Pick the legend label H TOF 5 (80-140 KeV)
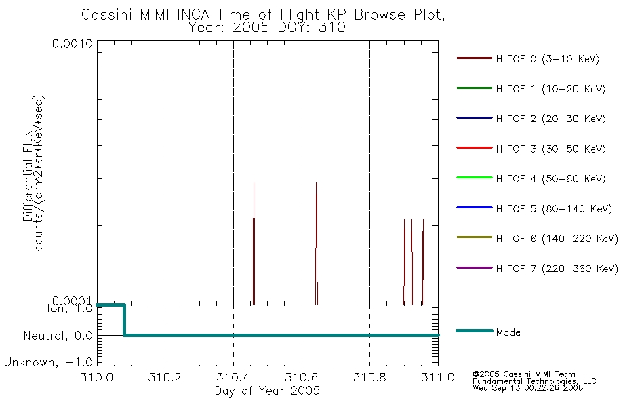point(554,208)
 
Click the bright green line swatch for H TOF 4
point(475,178)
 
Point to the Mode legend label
point(508,332)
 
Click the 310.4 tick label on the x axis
point(233,377)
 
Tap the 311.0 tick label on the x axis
point(438,377)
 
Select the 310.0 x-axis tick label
point(97,377)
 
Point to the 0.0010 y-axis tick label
point(73,43)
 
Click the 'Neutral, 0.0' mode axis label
point(58,336)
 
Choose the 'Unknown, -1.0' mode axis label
point(48,362)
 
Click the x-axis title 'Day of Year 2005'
point(267,391)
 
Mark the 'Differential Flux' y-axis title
point(28,176)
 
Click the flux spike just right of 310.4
point(254,244)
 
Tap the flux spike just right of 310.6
point(317,244)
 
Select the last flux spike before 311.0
point(423,262)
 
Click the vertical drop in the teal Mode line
point(124,320)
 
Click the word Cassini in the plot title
point(107,15)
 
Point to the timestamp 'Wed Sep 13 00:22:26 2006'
point(528,388)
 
